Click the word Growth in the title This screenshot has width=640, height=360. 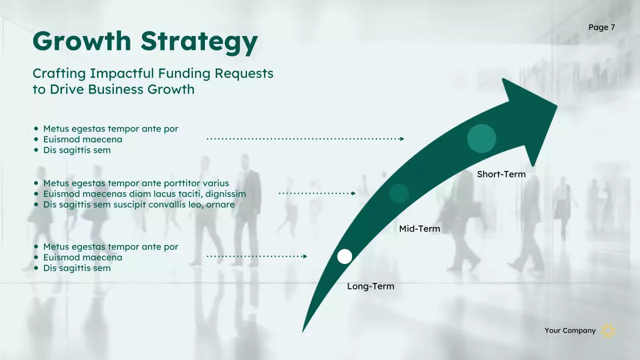(x=82, y=40)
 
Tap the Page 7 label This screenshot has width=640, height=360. (x=601, y=27)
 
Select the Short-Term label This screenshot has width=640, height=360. (x=501, y=174)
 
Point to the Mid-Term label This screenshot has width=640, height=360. (x=419, y=229)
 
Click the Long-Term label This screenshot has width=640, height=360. (x=370, y=286)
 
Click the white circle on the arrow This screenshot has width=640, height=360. (x=344, y=256)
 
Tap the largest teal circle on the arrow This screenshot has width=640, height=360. (x=481, y=138)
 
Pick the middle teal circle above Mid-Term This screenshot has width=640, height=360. (x=399, y=193)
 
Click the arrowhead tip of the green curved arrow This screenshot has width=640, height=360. (x=556, y=105)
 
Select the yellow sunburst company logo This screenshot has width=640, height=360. (x=608, y=330)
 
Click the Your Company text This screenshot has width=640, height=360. (x=570, y=330)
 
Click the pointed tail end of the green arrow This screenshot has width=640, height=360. (x=303, y=331)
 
